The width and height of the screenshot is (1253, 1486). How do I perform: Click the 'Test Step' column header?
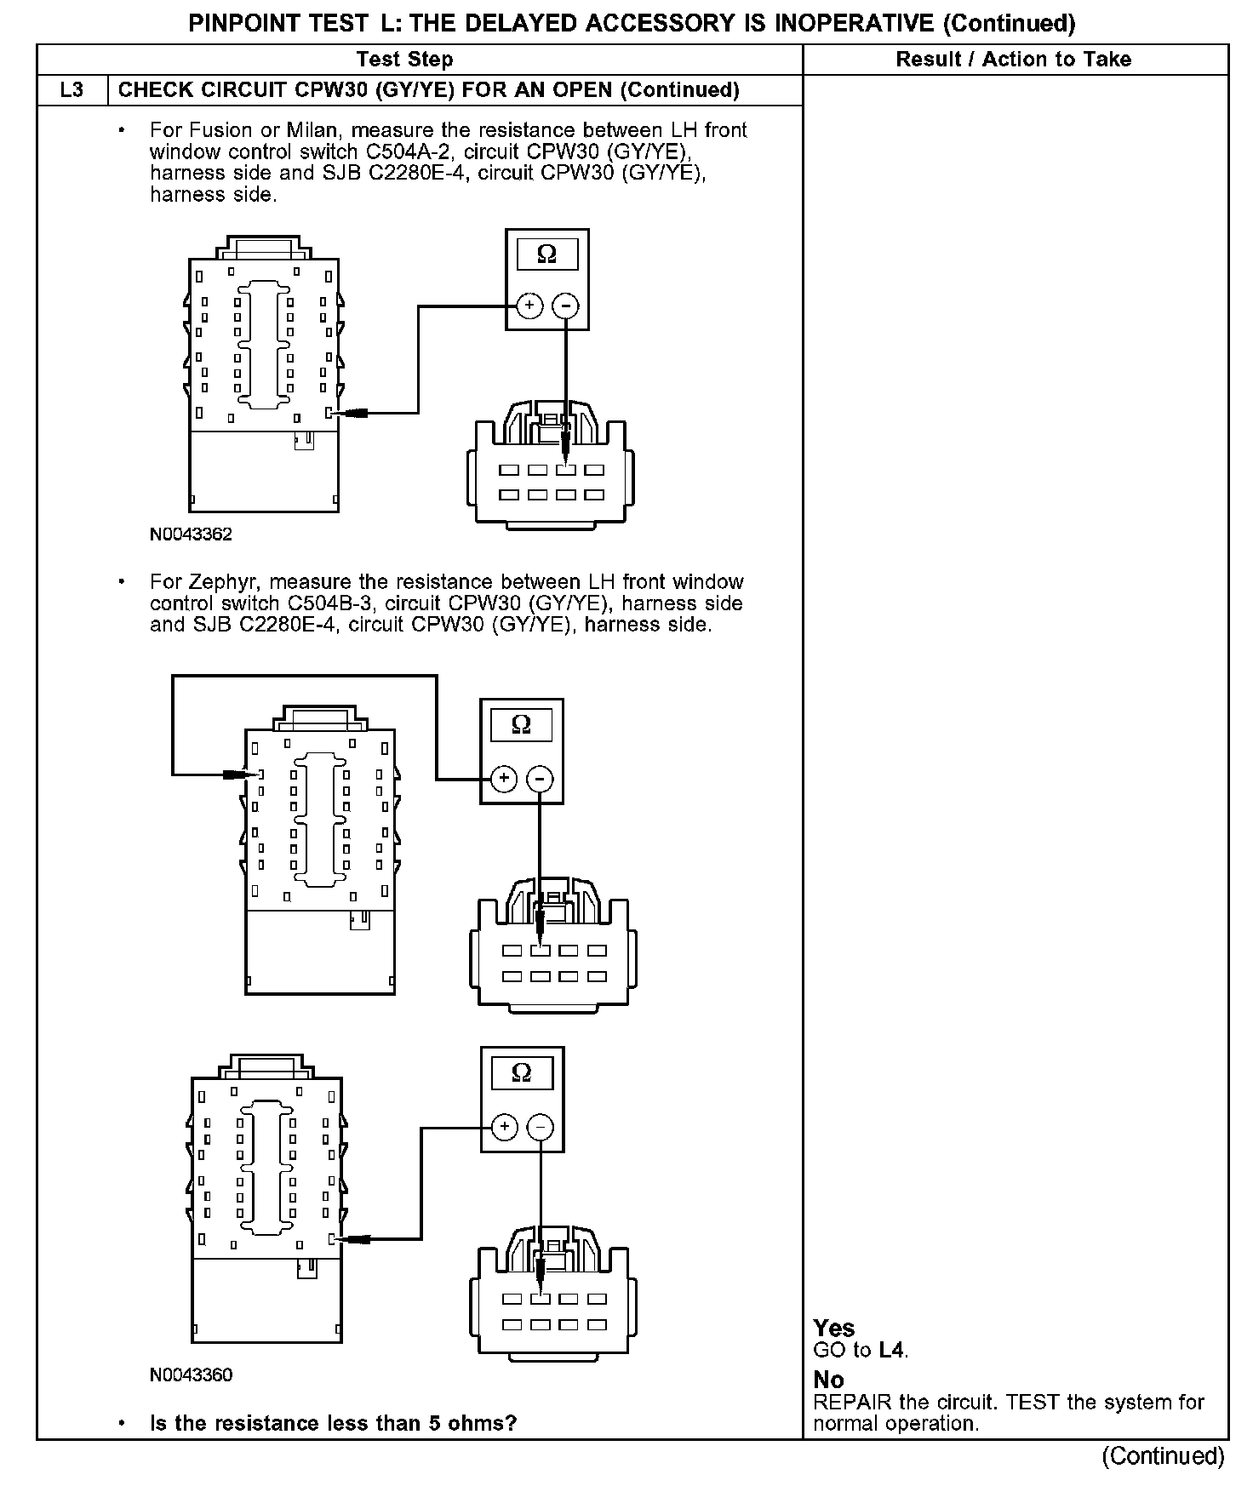tap(404, 60)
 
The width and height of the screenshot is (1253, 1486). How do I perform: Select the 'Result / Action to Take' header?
tap(1013, 60)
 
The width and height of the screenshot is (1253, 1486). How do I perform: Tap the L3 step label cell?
tap(72, 90)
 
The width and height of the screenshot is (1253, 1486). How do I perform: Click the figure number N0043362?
tap(191, 534)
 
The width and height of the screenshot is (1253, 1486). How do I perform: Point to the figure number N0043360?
tap(191, 1375)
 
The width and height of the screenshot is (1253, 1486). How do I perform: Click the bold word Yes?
tap(833, 1329)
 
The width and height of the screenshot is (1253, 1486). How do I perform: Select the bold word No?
tap(828, 1380)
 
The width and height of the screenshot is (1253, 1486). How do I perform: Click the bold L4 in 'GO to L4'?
tap(891, 1350)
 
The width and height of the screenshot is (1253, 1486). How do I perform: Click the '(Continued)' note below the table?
tap(1163, 1457)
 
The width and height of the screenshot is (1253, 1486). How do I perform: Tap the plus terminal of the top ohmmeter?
tap(529, 306)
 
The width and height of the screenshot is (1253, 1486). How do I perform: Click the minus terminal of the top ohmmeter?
tap(566, 306)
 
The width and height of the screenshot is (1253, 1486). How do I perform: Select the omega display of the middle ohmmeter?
tap(521, 725)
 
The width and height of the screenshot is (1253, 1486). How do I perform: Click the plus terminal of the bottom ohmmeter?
tap(505, 1128)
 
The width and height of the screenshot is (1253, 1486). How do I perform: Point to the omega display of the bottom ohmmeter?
tap(522, 1073)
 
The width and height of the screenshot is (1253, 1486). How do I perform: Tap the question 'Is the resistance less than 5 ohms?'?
tap(333, 1423)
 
